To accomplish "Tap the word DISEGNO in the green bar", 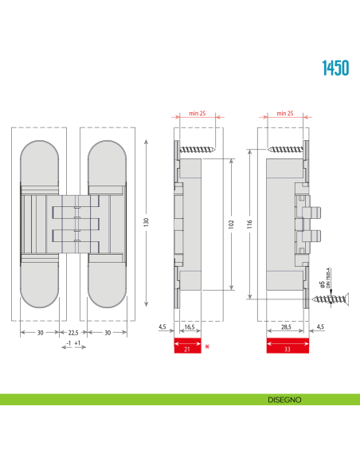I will pos(284,398).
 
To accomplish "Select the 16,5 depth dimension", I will pos(190,326).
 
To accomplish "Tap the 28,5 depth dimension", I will pos(284,326).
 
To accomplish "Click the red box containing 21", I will pos(187,347).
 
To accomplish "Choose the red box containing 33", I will pos(286,347).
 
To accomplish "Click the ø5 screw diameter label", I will pos(321,283).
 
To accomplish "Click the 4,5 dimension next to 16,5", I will pos(162,326).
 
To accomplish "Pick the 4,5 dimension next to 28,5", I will pos(321,326).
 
